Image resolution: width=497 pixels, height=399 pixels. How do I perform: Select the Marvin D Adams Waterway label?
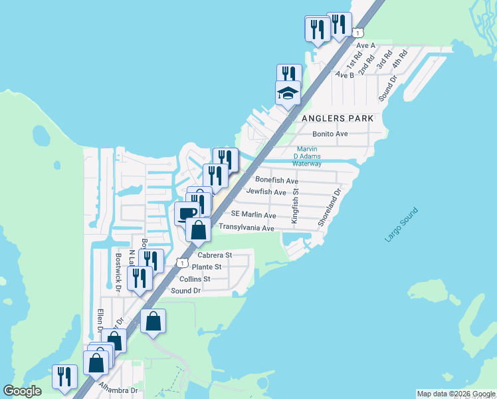307,156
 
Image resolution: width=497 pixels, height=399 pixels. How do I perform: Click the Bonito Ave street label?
330,134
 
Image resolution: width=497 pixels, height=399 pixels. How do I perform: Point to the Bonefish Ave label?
276,180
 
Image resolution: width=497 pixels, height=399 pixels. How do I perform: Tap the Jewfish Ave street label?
266,192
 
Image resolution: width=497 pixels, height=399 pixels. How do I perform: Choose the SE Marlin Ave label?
253,215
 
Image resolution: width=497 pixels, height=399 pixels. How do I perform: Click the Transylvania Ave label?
247,228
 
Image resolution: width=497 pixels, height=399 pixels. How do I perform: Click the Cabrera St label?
215,255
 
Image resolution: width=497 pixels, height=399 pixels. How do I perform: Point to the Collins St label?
195,279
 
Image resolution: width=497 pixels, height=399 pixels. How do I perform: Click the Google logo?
23,390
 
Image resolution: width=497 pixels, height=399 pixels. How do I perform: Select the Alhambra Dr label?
118,388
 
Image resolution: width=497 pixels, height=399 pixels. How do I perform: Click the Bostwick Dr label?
118,272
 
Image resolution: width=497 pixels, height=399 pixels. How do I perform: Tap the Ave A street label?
366,45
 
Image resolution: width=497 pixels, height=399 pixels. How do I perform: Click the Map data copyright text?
455,394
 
